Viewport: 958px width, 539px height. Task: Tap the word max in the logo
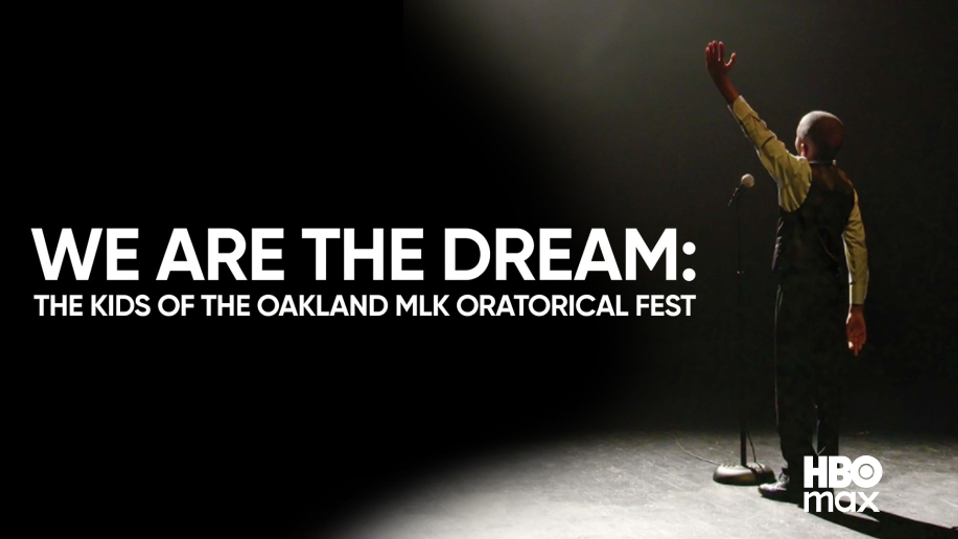tap(842, 502)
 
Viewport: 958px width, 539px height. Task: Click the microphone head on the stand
tap(747, 181)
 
